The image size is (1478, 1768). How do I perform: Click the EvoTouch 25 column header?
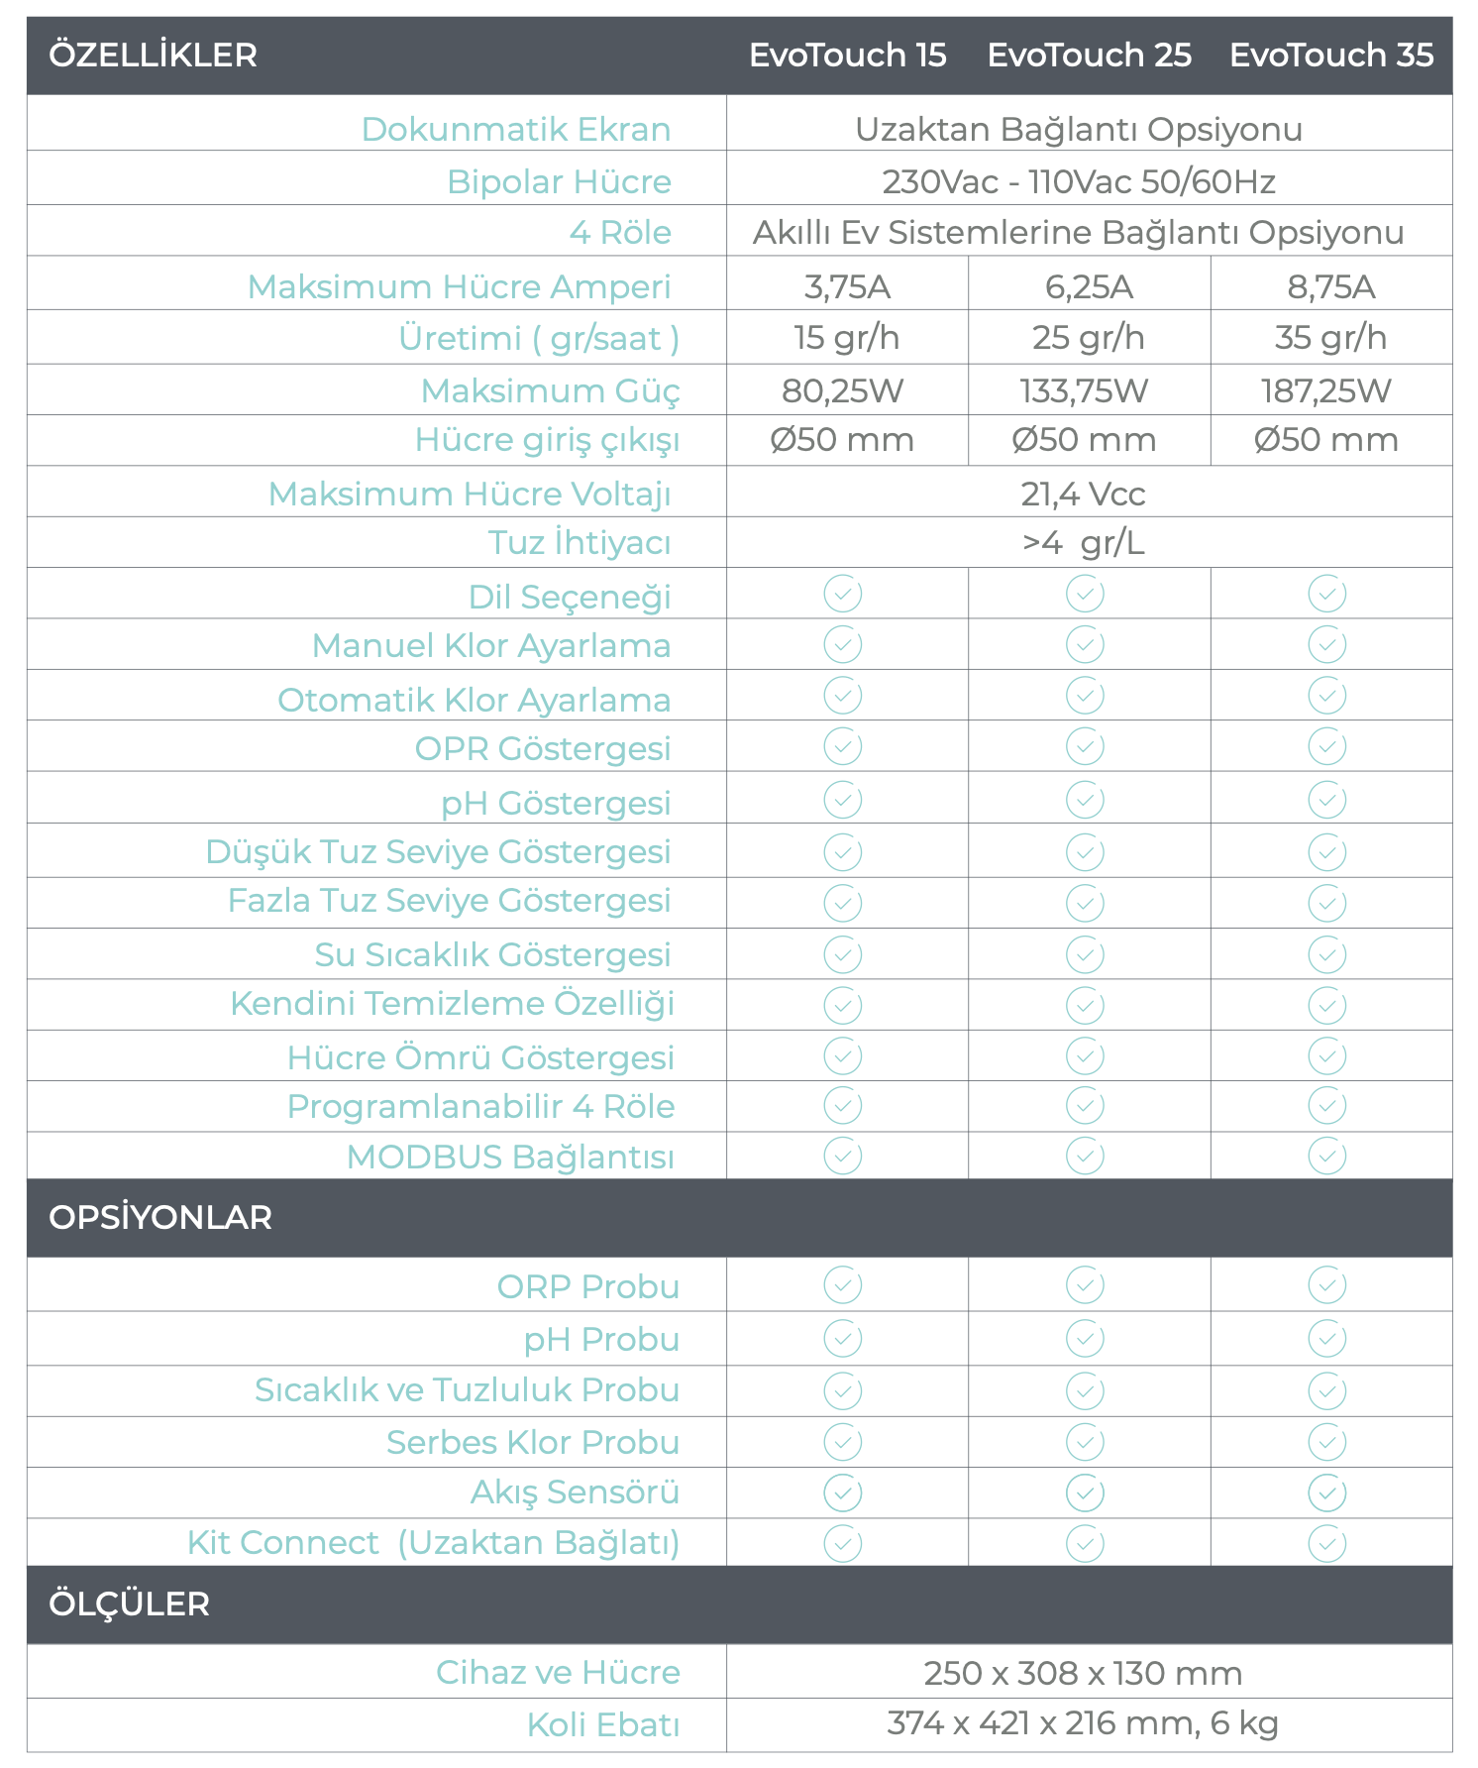[1089, 55]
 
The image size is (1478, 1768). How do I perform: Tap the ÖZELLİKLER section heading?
[154, 55]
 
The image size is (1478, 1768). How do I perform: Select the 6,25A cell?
[1089, 286]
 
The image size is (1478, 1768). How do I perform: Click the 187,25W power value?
[1325, 390]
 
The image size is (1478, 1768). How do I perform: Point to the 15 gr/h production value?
[846, 338]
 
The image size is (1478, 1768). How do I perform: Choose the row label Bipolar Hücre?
[559, 181]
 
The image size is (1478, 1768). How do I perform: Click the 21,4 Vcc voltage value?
[1083, 494]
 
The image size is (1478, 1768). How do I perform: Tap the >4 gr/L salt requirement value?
[1083, 543]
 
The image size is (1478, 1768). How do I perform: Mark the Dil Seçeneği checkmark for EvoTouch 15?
[843, 594]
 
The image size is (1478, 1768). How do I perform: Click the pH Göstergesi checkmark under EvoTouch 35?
[1326, 800]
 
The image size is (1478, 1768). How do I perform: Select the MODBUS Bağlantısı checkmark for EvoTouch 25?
[1085, 1156]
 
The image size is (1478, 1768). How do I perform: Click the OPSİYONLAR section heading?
[160, 1217]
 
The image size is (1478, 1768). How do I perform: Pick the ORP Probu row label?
[587, 1286]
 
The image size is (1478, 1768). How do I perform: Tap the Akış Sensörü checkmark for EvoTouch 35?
[1326, 1492]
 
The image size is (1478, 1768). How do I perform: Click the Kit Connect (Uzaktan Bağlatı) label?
[433, 1543]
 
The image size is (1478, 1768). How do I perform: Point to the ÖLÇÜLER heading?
[130, 1603]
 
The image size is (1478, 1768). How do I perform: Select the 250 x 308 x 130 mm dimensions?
[1083, 1673]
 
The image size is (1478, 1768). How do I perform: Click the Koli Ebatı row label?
[602, 1724]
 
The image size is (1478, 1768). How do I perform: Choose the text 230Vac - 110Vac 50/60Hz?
[1079, 181]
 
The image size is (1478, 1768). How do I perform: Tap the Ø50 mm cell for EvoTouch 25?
[1084, 440]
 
